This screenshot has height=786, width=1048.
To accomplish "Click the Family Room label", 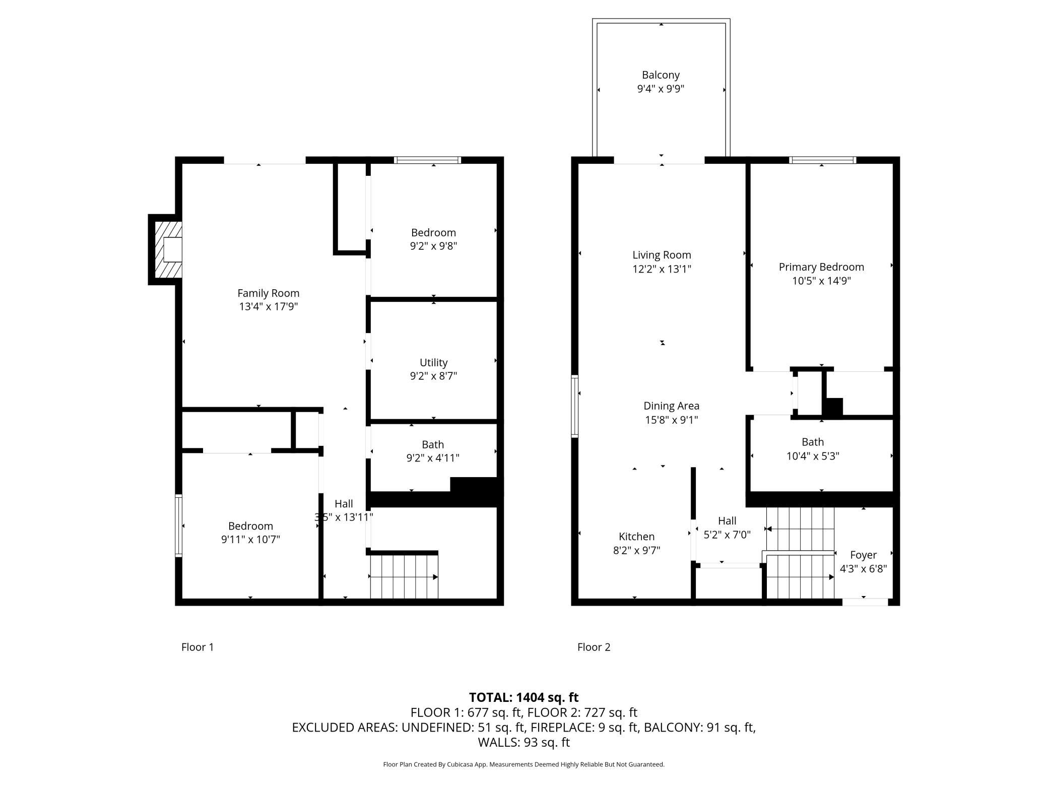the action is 268,293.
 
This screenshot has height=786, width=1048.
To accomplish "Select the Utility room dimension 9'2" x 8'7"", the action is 433,376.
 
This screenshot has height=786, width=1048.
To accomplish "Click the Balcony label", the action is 661,75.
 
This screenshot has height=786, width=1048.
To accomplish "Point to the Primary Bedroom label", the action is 821,267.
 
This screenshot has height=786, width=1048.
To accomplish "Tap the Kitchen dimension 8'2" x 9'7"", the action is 636,550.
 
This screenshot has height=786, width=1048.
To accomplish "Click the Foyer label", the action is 863,555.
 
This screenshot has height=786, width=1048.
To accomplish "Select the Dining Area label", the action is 671,406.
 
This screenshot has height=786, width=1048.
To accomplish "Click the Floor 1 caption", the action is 198,647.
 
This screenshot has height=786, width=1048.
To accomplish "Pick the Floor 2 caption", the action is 594,647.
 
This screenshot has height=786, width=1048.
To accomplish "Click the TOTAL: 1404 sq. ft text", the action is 523,697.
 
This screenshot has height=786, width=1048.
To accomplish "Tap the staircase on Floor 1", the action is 404,576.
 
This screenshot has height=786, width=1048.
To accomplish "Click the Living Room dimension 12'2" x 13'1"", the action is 662,269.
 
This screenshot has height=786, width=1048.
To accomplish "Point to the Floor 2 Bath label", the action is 813,442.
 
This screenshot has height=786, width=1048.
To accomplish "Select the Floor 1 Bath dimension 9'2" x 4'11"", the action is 433,458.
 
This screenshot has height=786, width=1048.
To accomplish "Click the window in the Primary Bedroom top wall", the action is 822,160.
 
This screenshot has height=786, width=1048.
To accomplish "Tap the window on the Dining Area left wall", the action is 574,406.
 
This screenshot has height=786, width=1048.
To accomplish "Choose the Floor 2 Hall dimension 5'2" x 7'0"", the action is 727,535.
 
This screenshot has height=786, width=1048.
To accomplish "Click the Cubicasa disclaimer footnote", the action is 523,764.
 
